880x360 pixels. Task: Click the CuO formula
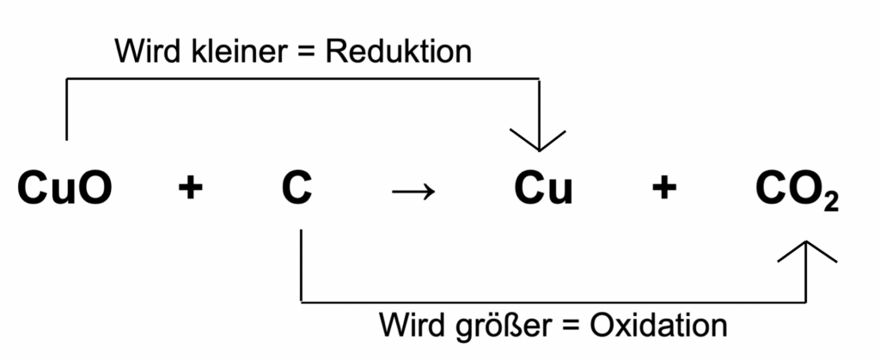coord(64,189)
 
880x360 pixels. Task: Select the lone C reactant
coord(297,189)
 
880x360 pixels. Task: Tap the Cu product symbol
coord(543,189)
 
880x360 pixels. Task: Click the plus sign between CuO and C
coord(190,190)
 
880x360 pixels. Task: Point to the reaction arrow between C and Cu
coord(413,192)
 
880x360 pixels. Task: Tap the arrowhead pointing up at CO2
coord(806,250)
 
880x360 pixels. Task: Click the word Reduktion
coord(399,52)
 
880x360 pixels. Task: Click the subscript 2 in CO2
coord(829,203)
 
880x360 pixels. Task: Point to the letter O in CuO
coord(94,189)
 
